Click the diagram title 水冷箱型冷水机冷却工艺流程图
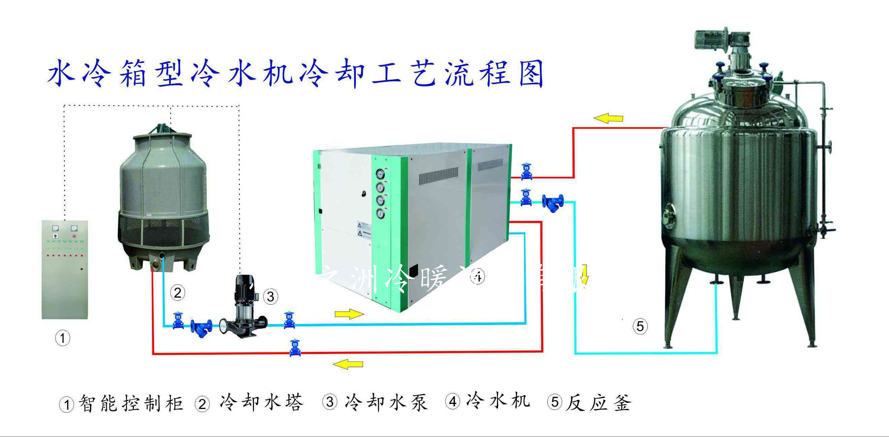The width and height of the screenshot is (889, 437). point(295,73)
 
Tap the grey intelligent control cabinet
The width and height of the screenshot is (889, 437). point(65,269)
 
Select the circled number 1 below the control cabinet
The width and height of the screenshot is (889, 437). point(63,338)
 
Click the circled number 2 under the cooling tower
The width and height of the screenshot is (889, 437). point(178,293)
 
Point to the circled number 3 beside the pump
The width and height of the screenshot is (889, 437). point(271,296)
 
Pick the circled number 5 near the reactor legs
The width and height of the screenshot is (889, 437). point(640,326)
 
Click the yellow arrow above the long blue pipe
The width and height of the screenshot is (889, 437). point(349,314)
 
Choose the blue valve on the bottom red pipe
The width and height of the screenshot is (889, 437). point(295,348)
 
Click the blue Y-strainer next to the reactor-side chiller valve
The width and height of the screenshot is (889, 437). point(553,203)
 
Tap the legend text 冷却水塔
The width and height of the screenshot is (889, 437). point(261,403)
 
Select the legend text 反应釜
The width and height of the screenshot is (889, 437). point(599,403)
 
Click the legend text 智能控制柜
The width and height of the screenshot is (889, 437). point(131,403)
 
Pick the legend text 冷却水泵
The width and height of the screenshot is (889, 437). point(386,403)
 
